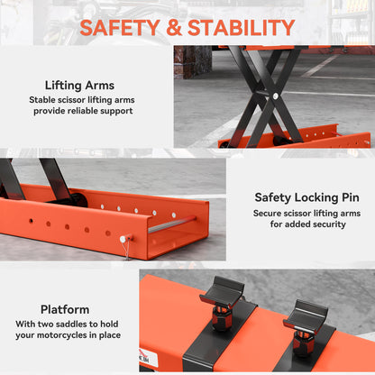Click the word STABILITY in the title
click(246, 27)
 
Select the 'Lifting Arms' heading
click(79, 86)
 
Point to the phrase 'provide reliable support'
click(83, 111)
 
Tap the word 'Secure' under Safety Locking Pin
click(270, 215)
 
